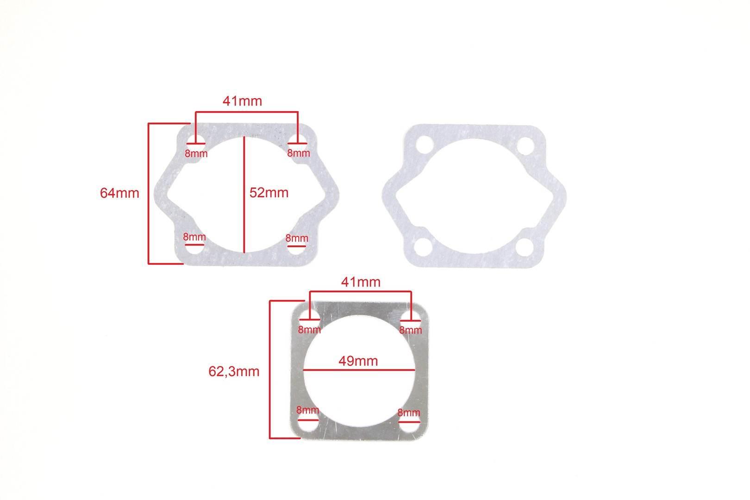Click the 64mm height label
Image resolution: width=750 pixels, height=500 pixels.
click(119, 193)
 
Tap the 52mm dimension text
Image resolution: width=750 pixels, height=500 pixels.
click(269, 193)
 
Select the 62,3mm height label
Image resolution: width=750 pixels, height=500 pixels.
click(234, 371)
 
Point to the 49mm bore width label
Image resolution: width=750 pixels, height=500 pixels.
click(358, 361)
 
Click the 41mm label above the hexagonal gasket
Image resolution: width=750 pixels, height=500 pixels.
click(243, 101)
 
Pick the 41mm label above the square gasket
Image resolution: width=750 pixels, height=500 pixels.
click(361, 282)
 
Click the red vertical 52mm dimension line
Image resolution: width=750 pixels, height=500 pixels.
click(244, 194)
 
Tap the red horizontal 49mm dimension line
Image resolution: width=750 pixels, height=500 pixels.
click(359, 370)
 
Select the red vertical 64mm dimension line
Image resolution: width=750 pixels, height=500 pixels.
click(149, 194)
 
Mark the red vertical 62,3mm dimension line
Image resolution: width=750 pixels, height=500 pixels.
click(270, 369)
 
